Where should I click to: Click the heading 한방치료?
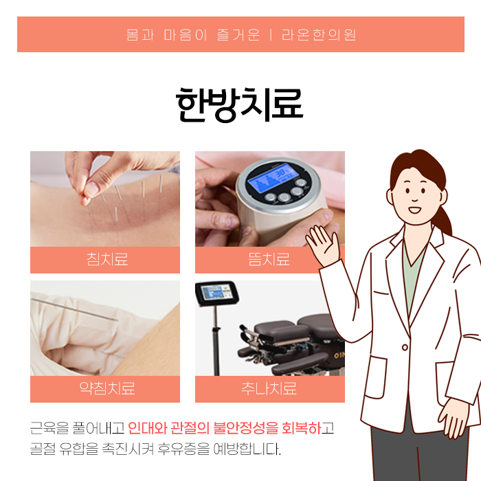click(240, 104)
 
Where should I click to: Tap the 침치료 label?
click(107, 259)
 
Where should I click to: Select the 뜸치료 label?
click(269, 259)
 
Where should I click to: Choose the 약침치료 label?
click(107, 388)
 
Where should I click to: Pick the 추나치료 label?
click(269, 388)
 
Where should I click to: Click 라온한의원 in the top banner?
click(319, 34)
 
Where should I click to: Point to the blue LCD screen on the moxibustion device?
click(270, 179)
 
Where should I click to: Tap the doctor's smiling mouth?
click(415, 210)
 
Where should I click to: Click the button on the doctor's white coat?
click(405, 347)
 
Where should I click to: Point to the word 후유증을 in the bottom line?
click(183, 449)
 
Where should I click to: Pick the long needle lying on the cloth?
click(75, 310)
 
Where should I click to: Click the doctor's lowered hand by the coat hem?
click(454, 417)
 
